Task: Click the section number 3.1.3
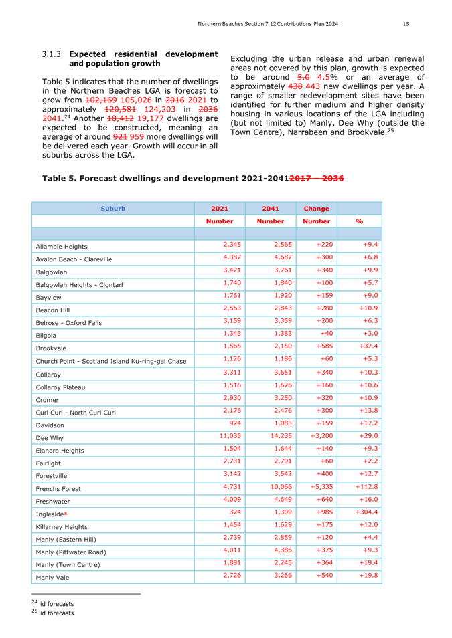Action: pyautogui.click(x=52, y=54)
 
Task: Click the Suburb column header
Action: pyautogui.click(x=112, y=208)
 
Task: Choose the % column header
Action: pyautogui.click(x=359, y=221)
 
